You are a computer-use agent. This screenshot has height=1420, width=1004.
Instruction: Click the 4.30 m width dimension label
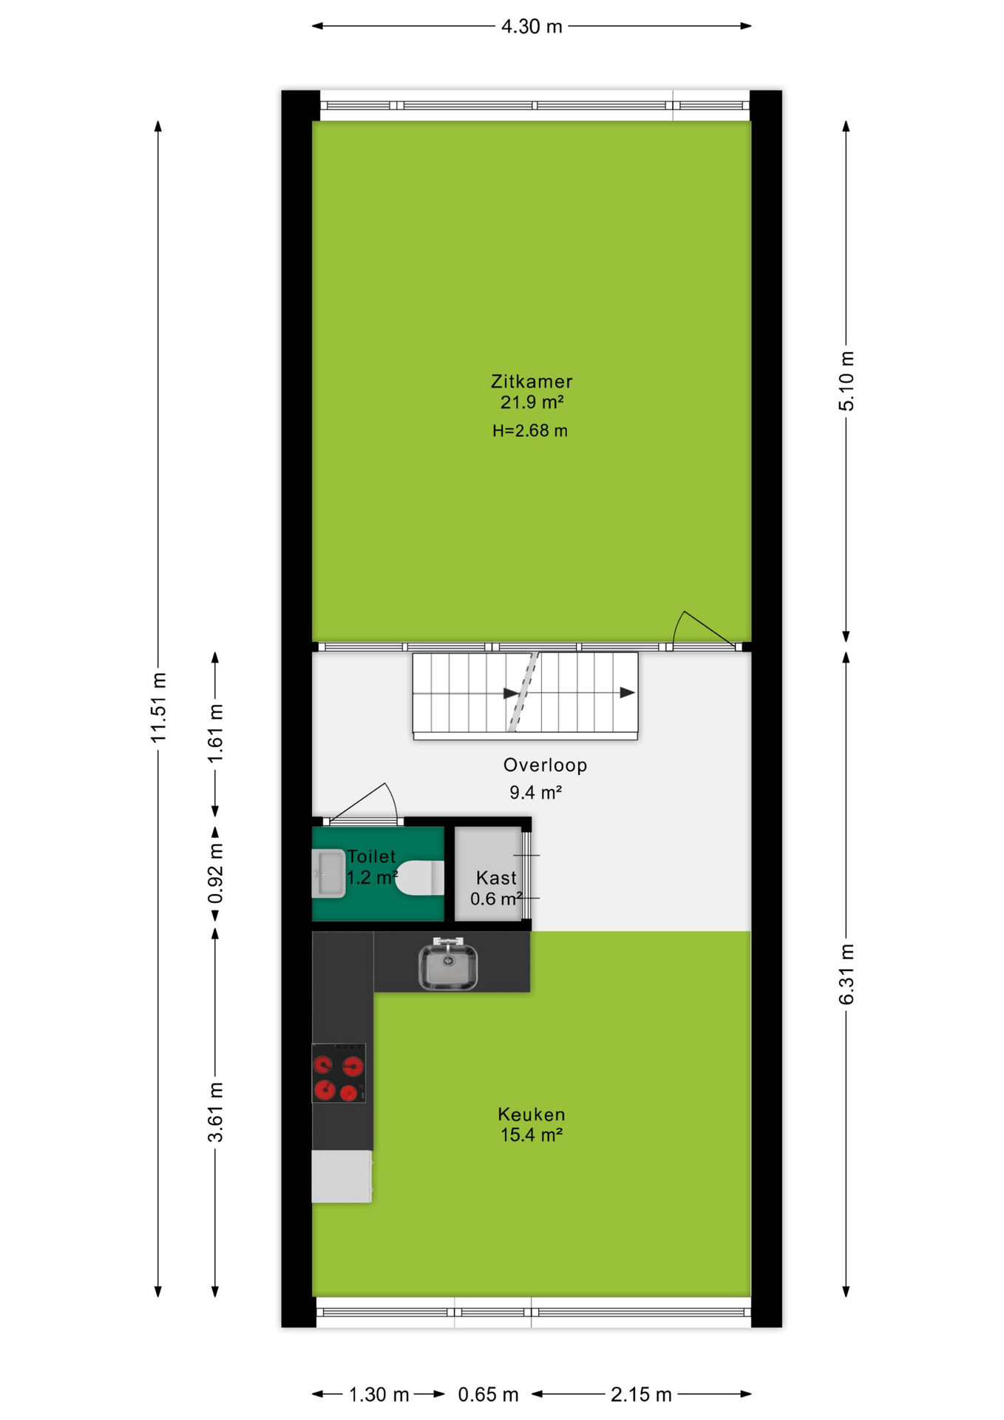532,27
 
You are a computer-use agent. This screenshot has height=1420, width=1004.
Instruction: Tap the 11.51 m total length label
158,707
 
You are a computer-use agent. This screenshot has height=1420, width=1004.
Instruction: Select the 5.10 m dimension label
847,381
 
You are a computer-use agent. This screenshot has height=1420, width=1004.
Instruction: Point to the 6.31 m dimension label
847,974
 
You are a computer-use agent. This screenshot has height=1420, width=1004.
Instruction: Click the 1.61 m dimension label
215,734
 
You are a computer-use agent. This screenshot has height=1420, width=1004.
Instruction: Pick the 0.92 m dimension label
215,873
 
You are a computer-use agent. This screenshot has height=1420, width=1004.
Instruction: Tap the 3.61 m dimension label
215,1112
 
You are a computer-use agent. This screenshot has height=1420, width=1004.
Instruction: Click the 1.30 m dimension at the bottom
379,1395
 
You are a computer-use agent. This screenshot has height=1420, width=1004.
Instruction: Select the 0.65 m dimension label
488,1395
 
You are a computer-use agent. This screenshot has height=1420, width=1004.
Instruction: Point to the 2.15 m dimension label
641,1395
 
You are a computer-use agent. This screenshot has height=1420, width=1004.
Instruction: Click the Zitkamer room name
532,382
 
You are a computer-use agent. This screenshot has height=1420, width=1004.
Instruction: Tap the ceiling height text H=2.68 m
530,430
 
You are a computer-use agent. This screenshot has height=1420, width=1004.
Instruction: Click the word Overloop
546,765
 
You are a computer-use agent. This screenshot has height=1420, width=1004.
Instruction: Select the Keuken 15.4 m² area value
532,1135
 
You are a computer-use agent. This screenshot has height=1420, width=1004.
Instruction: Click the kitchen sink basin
448,964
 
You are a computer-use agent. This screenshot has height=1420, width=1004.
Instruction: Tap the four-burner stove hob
339,1073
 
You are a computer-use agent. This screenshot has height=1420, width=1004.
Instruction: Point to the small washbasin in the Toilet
329,873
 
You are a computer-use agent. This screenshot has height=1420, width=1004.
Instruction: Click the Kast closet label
496,878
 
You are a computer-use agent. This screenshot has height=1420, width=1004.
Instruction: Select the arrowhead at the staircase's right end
628,693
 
